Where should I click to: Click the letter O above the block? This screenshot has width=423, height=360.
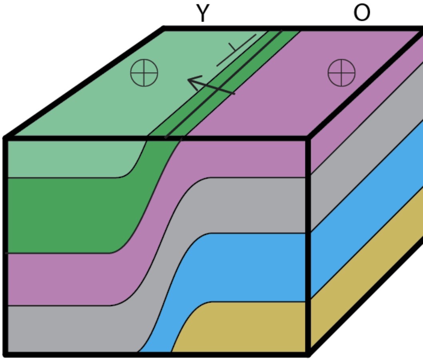(361, 14)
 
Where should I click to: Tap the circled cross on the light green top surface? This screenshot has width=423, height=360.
(144, 74)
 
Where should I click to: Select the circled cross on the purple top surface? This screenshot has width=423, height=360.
(341, 74)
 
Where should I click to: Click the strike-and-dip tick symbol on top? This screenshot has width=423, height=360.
(236, 50)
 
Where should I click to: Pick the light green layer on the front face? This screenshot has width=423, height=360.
(68, 158)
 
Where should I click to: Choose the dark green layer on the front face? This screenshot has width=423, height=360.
(68, 216)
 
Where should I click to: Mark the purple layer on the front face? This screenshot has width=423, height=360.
(240, 160)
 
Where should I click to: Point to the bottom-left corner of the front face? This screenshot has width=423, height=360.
(6, 354)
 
